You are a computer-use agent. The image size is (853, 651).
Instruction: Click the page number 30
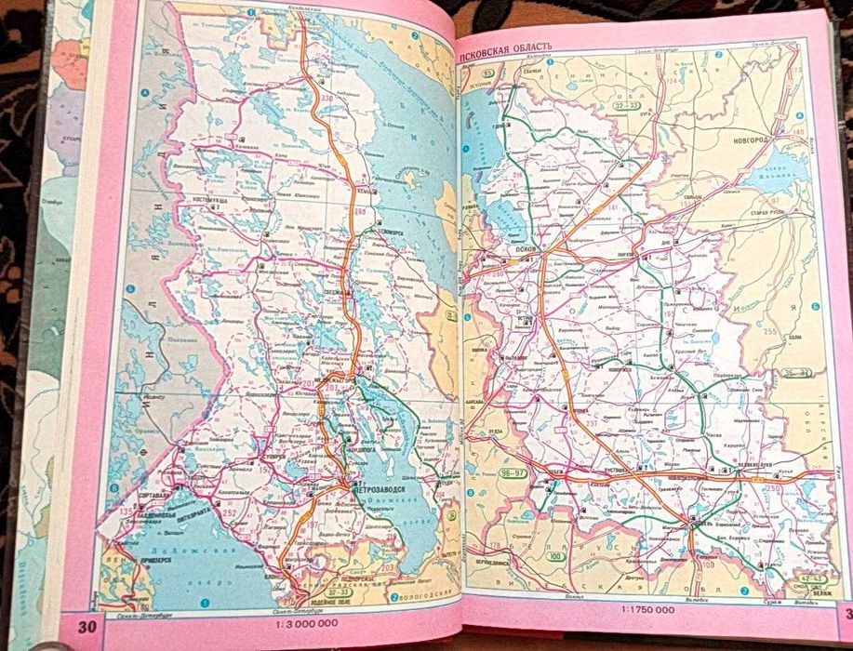click(87, 625)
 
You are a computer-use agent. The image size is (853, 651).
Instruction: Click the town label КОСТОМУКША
click(213, 200)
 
